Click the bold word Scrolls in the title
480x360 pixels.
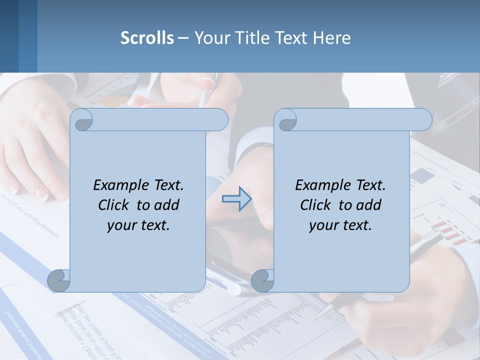click(147, 38)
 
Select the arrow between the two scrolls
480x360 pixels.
click(237, 199)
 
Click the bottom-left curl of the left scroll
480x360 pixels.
click(58, 280)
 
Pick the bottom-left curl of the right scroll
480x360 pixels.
click(262, 280)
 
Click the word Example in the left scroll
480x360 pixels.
click(119, 185)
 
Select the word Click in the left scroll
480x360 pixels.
click(114, 205)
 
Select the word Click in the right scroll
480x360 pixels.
click(316, 205)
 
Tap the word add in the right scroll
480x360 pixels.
click(369, 205)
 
